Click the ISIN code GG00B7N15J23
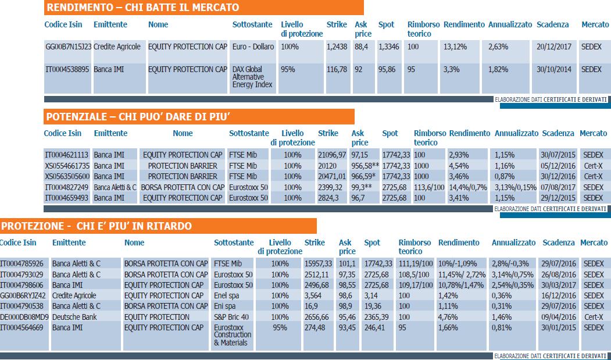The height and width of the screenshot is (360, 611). (x=69, y=47)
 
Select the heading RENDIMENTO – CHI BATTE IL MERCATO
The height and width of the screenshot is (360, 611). (x=142, y=8)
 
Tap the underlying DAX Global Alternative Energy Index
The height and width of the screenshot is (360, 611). (x=252, y=77)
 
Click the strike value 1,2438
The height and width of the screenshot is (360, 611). (x=337, y=47)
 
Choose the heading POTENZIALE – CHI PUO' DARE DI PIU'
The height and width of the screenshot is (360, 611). (x=138, y=117)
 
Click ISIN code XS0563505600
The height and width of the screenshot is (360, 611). (x=67, y=176)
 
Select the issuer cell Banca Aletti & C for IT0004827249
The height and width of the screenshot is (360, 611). (x=115, y=187)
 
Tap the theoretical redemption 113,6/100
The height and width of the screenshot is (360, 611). (x=428, y=187)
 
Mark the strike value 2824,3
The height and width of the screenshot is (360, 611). (x=328, y=198)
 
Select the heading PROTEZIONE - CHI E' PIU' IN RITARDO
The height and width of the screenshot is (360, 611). (x=97, y=226)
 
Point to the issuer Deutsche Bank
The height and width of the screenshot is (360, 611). (x=74, y=317)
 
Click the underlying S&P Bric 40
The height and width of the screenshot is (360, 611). (x=231, y=317)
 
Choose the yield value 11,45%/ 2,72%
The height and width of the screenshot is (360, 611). (x=461, y=274)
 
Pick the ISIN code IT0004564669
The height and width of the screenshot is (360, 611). (x=22, y=327)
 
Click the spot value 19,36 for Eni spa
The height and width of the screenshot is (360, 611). (x=373, y=306)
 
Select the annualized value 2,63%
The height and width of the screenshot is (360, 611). (x=498, y=47)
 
